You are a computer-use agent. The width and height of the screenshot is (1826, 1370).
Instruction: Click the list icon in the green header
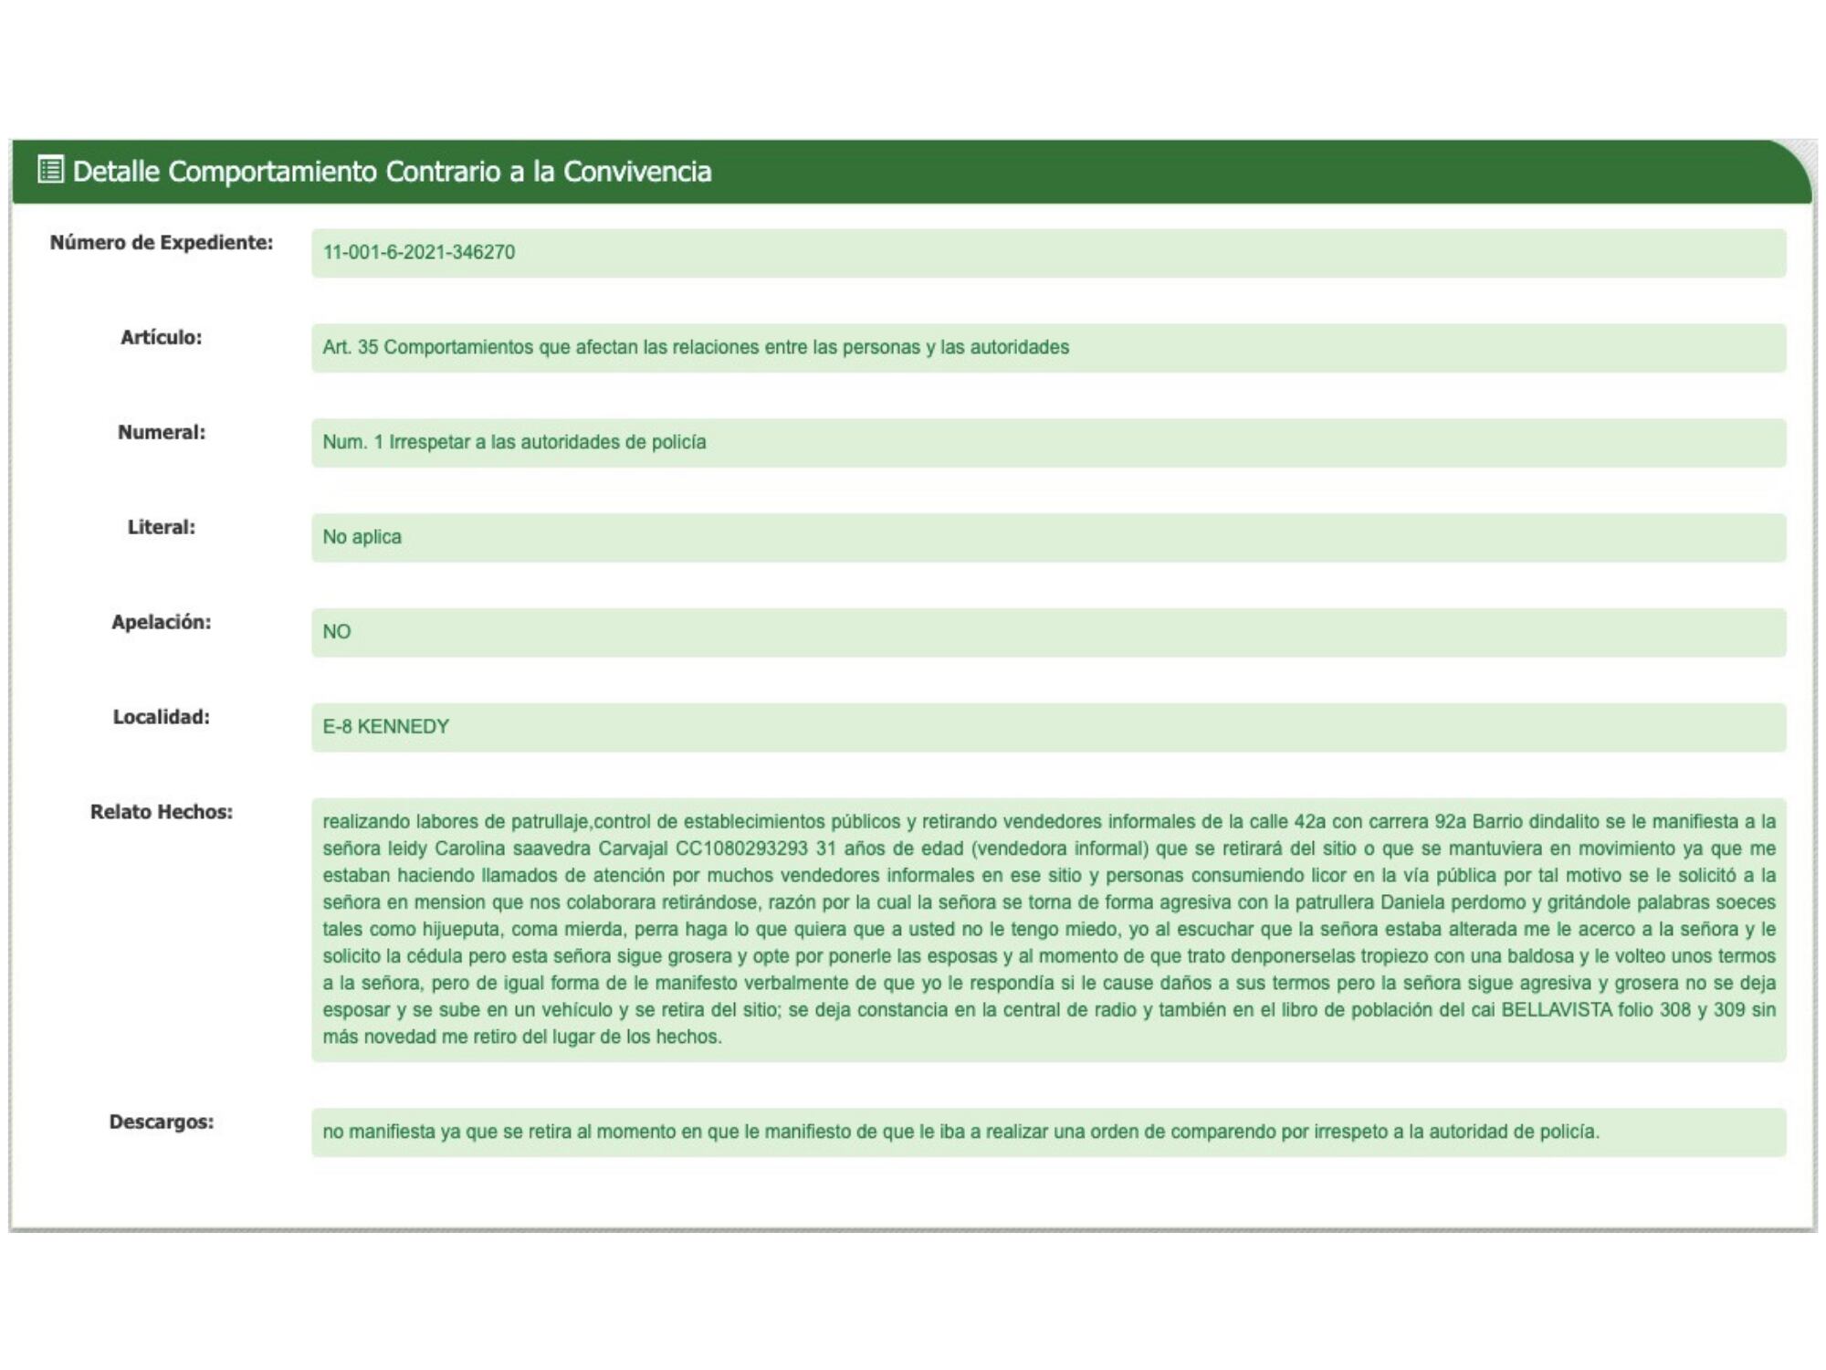(x=50, y=170)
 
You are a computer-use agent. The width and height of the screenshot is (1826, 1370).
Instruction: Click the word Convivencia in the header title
(x=636, y=172)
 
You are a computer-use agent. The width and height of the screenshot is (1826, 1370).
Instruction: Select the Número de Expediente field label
(x=162, y=243)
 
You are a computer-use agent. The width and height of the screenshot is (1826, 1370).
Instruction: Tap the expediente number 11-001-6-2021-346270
(x=419, y=253)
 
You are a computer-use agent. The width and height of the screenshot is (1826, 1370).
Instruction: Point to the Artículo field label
(x=162, y=338)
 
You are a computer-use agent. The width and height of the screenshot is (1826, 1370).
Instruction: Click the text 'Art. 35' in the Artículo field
(x=350, y=348)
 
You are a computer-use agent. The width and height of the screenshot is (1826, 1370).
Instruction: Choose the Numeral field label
(x=162, y=433)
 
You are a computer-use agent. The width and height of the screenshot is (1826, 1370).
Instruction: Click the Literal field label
(x=162, y=528)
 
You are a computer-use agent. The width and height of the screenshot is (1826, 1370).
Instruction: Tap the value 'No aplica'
(x=362, y=538)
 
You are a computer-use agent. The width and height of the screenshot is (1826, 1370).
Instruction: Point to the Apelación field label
(x=162, y=623)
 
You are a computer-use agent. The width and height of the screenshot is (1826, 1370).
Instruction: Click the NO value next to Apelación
(x=337, y=632)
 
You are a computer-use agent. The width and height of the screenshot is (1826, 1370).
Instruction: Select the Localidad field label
(x=162, y=718)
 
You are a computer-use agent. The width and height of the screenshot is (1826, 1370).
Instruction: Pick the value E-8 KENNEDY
(x=385, y=727)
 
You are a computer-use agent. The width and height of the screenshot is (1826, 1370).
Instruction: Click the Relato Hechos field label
(x=162, y=813)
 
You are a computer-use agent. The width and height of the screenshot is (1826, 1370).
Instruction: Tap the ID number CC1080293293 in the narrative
(x=741, y=848)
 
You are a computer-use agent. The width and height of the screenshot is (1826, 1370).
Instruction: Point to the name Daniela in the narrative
(x=1418, y=902)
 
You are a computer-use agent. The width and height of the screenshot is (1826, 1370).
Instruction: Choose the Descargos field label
(x=162, y=1122)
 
